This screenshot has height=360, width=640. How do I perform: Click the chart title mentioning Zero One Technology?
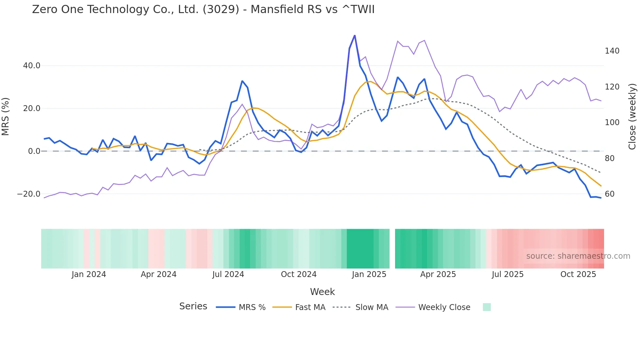[x=203, y=9]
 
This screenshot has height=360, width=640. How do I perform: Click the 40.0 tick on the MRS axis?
[x=32, y=66]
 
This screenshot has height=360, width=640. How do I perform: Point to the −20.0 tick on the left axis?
[x=29, y=194]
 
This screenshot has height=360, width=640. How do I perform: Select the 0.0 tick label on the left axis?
[x=34, y=151]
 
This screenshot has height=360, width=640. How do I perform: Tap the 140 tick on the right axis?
[x=612, y=51]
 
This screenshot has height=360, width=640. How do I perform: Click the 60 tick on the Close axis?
[x=610, y=194]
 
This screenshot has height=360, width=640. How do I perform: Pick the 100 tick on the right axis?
[x=612, y=123]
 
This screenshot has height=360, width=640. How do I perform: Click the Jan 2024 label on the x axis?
[x=89, y=274]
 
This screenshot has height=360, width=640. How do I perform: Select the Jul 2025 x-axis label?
[x=507, y=274]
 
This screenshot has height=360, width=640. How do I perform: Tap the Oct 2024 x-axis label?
[x=298, y=274]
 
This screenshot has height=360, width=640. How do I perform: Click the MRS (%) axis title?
[x=6, y=117]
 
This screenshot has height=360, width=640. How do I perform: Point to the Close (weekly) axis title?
[x=632, y=117]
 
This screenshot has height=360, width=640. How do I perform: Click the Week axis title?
[x=322, y=292]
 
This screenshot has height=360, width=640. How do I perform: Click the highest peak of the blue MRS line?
[x=355, y=36]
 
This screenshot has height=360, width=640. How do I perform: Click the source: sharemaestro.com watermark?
[x=578, y=256]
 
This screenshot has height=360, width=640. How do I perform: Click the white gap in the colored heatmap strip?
[x=392, y=249]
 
